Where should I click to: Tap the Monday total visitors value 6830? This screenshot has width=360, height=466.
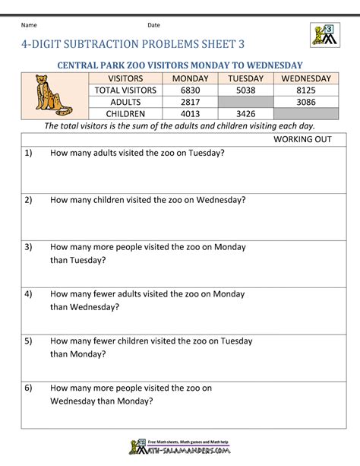coord(190,90)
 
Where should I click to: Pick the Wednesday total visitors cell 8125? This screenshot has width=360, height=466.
coord(306,90)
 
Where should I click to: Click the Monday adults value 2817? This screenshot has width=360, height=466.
coord(190,102)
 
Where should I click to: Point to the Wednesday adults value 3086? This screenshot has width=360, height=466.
coord(306,102)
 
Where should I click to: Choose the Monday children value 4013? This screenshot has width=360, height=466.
coord(190,114)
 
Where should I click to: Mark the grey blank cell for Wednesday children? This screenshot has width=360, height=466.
coord(306,114)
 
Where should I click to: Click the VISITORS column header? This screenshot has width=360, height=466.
coord(125,78)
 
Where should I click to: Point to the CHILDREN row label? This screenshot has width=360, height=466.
coord(125,114)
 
